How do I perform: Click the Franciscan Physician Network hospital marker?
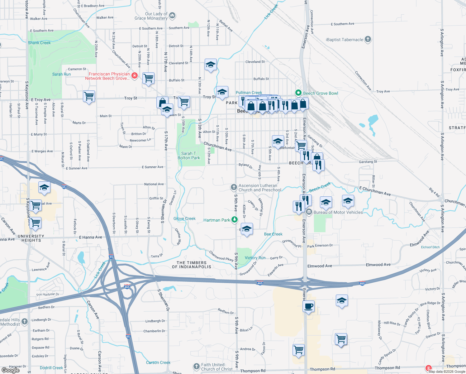[135, 76]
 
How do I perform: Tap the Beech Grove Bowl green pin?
[298, 93]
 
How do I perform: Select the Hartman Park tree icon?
[235, 220]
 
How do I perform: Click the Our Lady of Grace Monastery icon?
[172, 16]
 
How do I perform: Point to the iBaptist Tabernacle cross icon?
[368, 39]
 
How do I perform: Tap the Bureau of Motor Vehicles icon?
[309, 212]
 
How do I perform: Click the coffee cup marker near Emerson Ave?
[308, 306]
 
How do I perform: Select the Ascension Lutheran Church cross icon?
[234, 187]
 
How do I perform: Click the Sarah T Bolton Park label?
[189, 156]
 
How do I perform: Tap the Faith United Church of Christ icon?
[196, 367]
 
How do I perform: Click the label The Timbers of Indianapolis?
[192, 265]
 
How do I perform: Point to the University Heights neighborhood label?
[31, 238]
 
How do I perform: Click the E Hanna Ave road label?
[90, 237]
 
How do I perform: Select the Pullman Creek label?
[249, 93]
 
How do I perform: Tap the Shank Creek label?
[39, 43]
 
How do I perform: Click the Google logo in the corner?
[10, 370]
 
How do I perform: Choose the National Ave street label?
[154, 184]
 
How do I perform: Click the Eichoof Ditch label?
[430, 247]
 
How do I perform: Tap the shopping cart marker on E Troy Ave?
[89, 97]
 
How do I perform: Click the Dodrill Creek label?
[51, 368]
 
